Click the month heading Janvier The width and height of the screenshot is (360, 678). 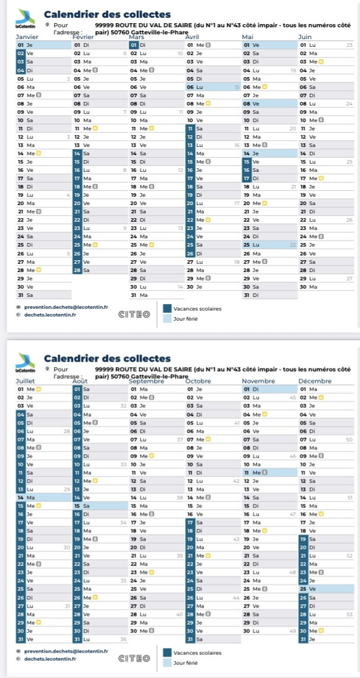point(27,37)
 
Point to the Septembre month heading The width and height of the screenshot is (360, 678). point(146,380)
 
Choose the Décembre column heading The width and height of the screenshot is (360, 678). point(315,380)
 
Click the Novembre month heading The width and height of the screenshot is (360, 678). point(259,380)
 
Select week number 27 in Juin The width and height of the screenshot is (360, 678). point(349,278)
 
